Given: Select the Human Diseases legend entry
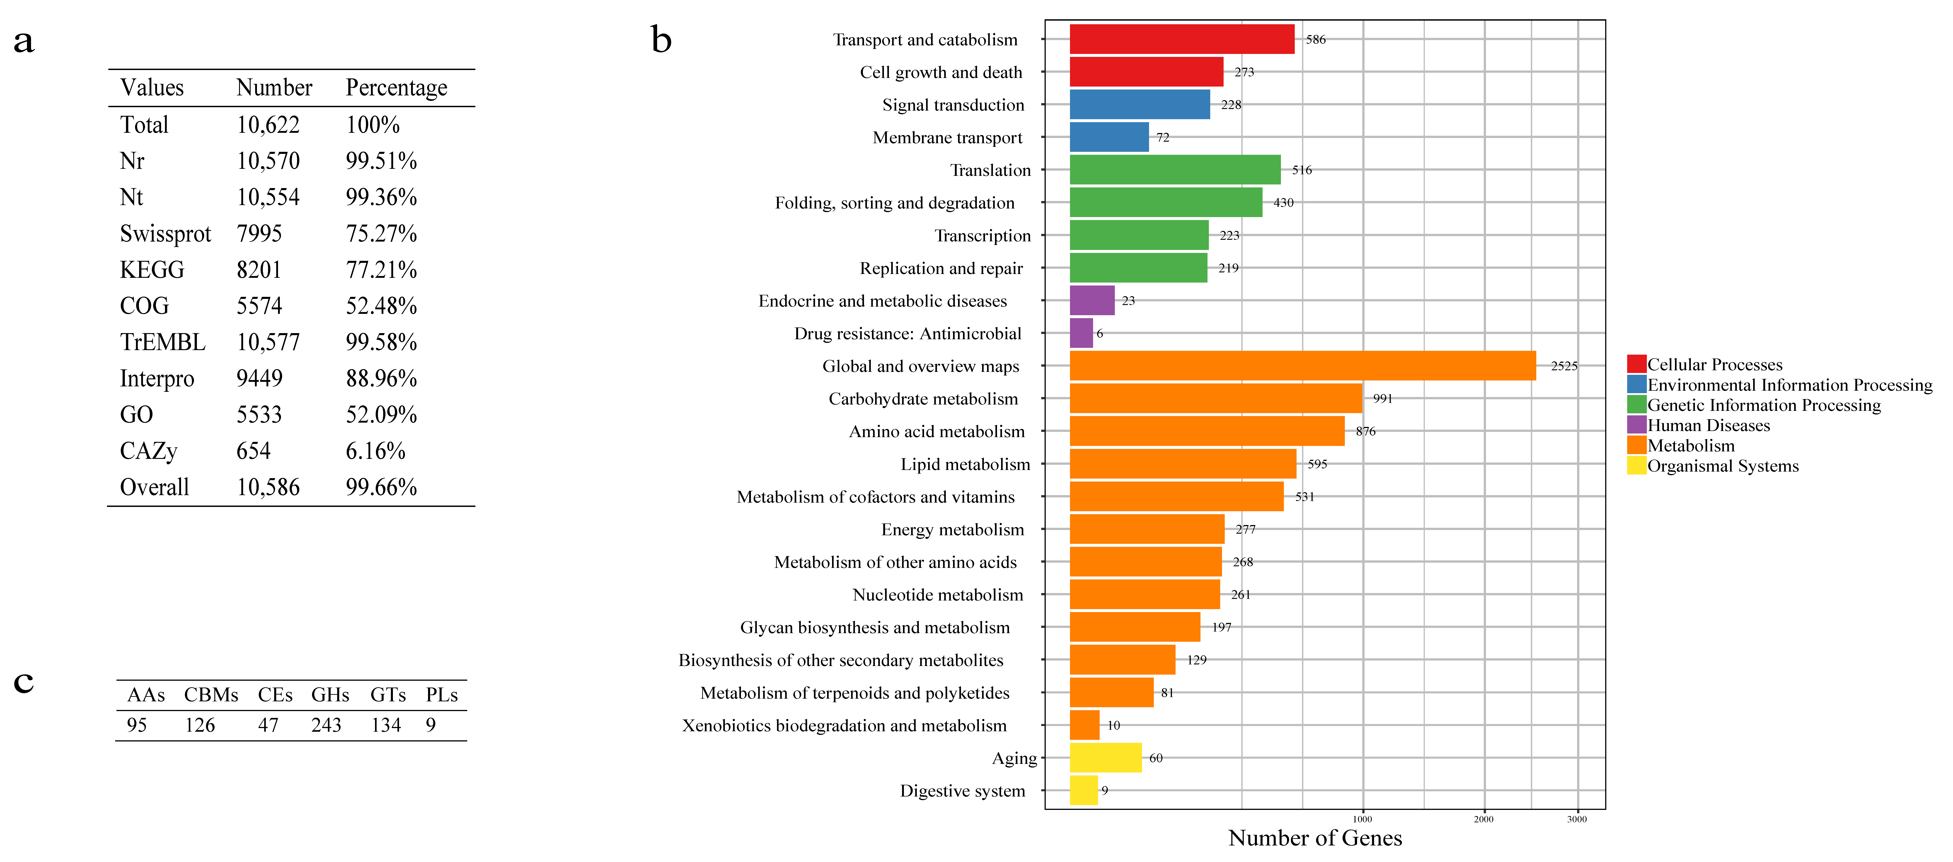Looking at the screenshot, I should (x=1708, y=425).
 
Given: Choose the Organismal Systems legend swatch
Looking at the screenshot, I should (x=1636, y=465).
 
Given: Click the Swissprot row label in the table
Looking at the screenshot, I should (x=165, y=233).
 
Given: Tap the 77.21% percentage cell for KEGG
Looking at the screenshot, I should (x=381, y=270).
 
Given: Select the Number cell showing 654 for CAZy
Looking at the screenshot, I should (x=253, y=451).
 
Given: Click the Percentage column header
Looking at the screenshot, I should (x=397, y=88).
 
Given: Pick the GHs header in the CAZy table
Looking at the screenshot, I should (x=330, y=695).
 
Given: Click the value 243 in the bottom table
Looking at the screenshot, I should (x=326, y=726).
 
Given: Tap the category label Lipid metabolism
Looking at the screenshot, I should (x=965, y=464).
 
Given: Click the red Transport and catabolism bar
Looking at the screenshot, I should (x=1181, y=39).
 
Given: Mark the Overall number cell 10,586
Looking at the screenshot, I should (x=268, y=487).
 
